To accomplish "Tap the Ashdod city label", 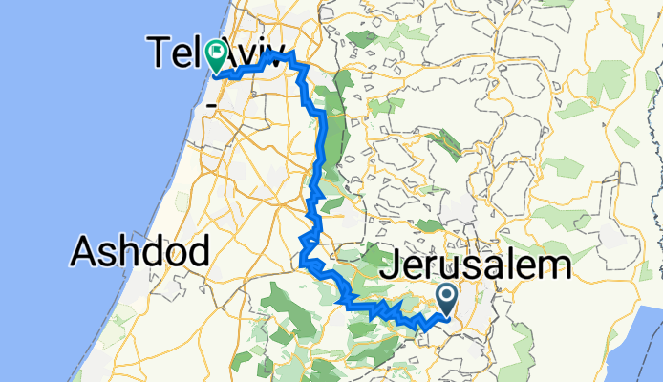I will [141, 252].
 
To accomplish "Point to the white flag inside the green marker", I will [217, 53].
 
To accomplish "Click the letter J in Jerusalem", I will [389, 266].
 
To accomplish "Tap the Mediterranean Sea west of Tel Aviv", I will [86, 115].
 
